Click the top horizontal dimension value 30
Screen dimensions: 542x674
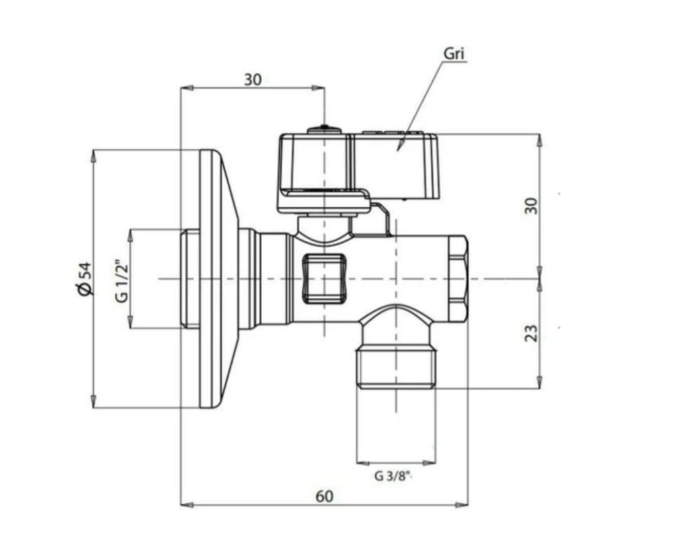click(x=252, y=79)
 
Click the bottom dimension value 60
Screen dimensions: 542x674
click(x=324, y=496)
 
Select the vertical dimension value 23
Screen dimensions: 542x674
click(x=531, y=332)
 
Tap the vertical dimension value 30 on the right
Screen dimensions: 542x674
click(x=531, y=205)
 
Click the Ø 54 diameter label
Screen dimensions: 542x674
click(x=84, y=278)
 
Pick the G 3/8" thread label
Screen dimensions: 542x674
click(x=392, y=476)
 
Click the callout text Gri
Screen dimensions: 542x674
click(x=454, y=54)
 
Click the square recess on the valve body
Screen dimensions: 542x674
click(x=324, y=278)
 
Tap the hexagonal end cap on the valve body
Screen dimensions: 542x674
click(x=457, y=278)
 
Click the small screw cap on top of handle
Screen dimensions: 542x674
click(x=323, y=129)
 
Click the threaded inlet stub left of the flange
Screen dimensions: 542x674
click(x=190, y=278)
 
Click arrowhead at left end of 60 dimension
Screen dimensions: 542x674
click(x=184, y=504)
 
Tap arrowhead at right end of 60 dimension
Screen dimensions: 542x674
click(x=465, y=504)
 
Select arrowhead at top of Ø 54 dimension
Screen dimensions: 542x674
click(x=94, y=154)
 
